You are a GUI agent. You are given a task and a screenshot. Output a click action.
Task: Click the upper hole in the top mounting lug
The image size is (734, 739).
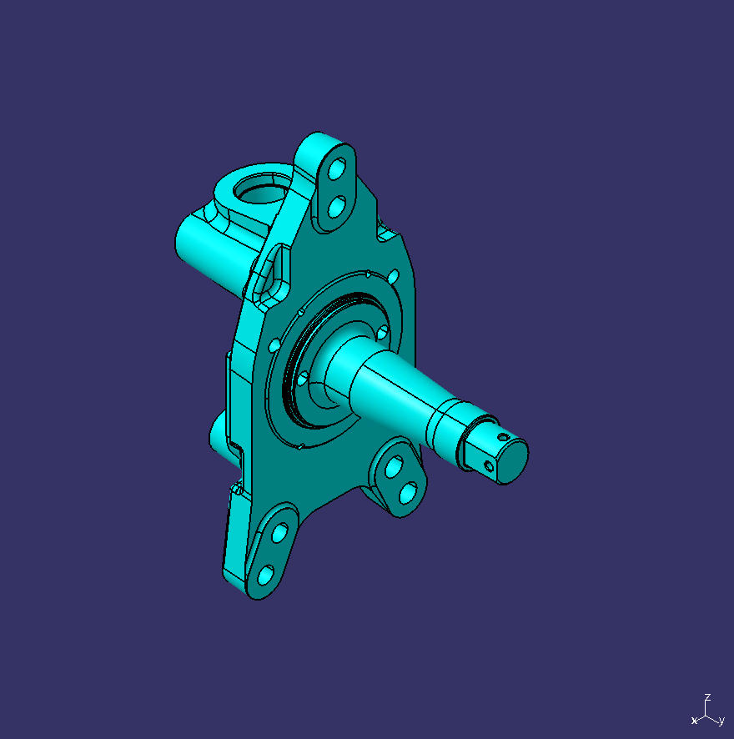click(338, 169)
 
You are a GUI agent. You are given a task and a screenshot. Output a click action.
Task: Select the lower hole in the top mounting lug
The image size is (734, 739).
click(336, 205)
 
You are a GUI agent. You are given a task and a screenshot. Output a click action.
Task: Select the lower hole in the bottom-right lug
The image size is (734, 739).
click(408, 493)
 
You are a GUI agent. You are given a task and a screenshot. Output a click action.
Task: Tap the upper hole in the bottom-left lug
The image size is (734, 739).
click(279, 531)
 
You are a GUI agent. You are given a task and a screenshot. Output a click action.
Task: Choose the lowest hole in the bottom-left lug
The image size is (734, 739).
click(265, 575)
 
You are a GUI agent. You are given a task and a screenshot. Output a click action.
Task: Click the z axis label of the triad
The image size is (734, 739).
click(707, 696)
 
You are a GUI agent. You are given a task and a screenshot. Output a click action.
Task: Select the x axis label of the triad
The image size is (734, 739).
click(694, 720)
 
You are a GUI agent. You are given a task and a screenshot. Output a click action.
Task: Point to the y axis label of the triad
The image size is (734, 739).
click(721, 721)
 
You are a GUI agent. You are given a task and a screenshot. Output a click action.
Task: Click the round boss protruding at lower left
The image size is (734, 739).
click(219, 438)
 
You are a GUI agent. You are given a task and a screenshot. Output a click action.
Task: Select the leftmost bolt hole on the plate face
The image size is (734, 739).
click(274, 344)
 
